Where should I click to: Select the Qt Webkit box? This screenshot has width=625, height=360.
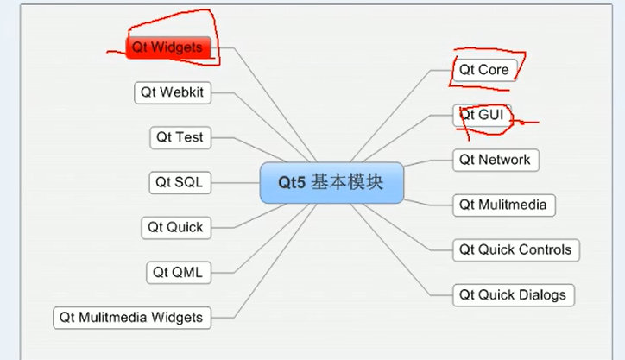tap(174, 92)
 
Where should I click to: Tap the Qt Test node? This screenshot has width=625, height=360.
tap(180, 137)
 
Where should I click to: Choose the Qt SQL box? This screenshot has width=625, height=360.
tap(180, 182)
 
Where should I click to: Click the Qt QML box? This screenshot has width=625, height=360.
tap(177, 272)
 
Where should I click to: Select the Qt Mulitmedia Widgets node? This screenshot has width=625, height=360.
tap(131, 317)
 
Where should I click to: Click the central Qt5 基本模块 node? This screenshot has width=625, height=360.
tap(331, 183)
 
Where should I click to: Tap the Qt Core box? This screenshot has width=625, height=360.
tap(483, 69)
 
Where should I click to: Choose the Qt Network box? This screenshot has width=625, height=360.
tap(495, 160)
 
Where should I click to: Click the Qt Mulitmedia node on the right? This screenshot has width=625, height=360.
tap(504, 205)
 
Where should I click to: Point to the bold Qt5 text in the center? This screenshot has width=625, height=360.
tap(292, 183)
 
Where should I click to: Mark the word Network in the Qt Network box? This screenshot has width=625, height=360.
tap(505, 160)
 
